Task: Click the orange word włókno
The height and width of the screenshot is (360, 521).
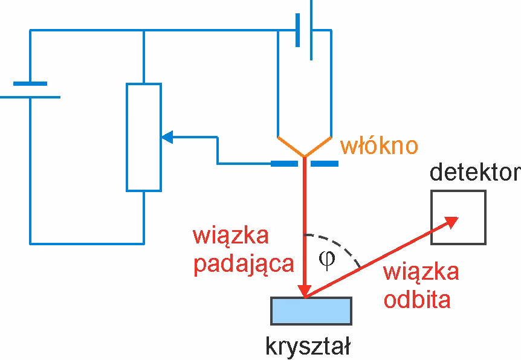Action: point(379,147)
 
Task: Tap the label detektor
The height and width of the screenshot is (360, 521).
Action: point(474,173)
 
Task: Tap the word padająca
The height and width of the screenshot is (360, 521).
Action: point(244,265)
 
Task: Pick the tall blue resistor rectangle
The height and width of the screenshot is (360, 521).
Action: point(144,137)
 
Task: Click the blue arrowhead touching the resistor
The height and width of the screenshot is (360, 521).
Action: point(168,138)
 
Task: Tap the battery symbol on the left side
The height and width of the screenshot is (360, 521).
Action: point(30,90)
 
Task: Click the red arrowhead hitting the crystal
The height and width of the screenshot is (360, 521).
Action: point(305,289)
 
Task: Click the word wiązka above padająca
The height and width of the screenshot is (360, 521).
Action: point(230,236)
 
